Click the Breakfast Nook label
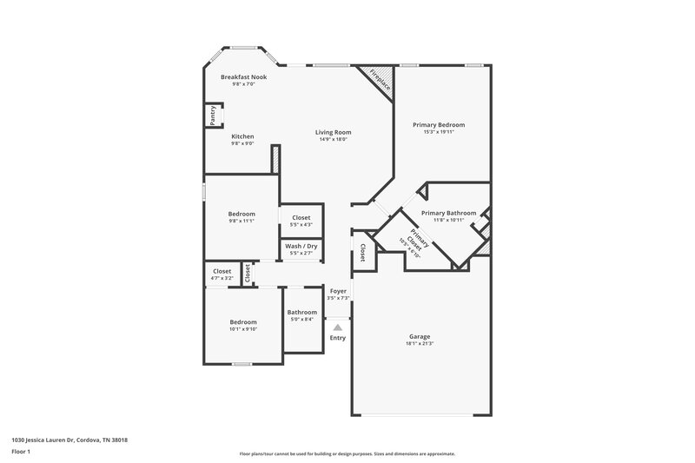(243, 76)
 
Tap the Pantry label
(212, 116)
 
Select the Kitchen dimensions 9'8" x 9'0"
(242, 143)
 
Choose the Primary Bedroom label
(438, 124)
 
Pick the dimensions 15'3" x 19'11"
(438, 132)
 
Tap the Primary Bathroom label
(448, 212)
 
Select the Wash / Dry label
(301, 246)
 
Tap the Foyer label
(338, 291)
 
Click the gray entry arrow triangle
(337, 327)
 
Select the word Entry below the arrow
(337, 338)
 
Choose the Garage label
(420, 336)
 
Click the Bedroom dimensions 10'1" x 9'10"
(242, 329)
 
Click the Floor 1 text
(22, 453)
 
